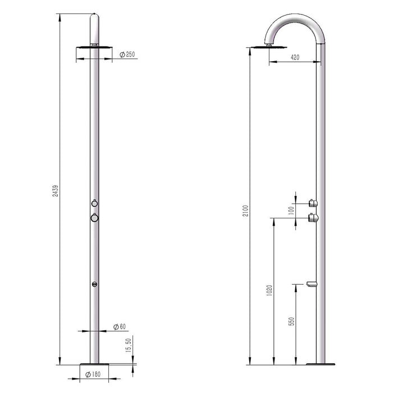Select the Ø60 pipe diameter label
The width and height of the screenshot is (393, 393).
(119, 327)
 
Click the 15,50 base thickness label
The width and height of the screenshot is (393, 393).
(129, 345)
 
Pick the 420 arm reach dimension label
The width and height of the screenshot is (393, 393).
(295, 57)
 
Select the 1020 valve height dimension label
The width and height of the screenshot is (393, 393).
(270, 290)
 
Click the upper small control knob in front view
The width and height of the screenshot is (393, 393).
(94, 203)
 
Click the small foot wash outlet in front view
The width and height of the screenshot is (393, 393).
(94, 284)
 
